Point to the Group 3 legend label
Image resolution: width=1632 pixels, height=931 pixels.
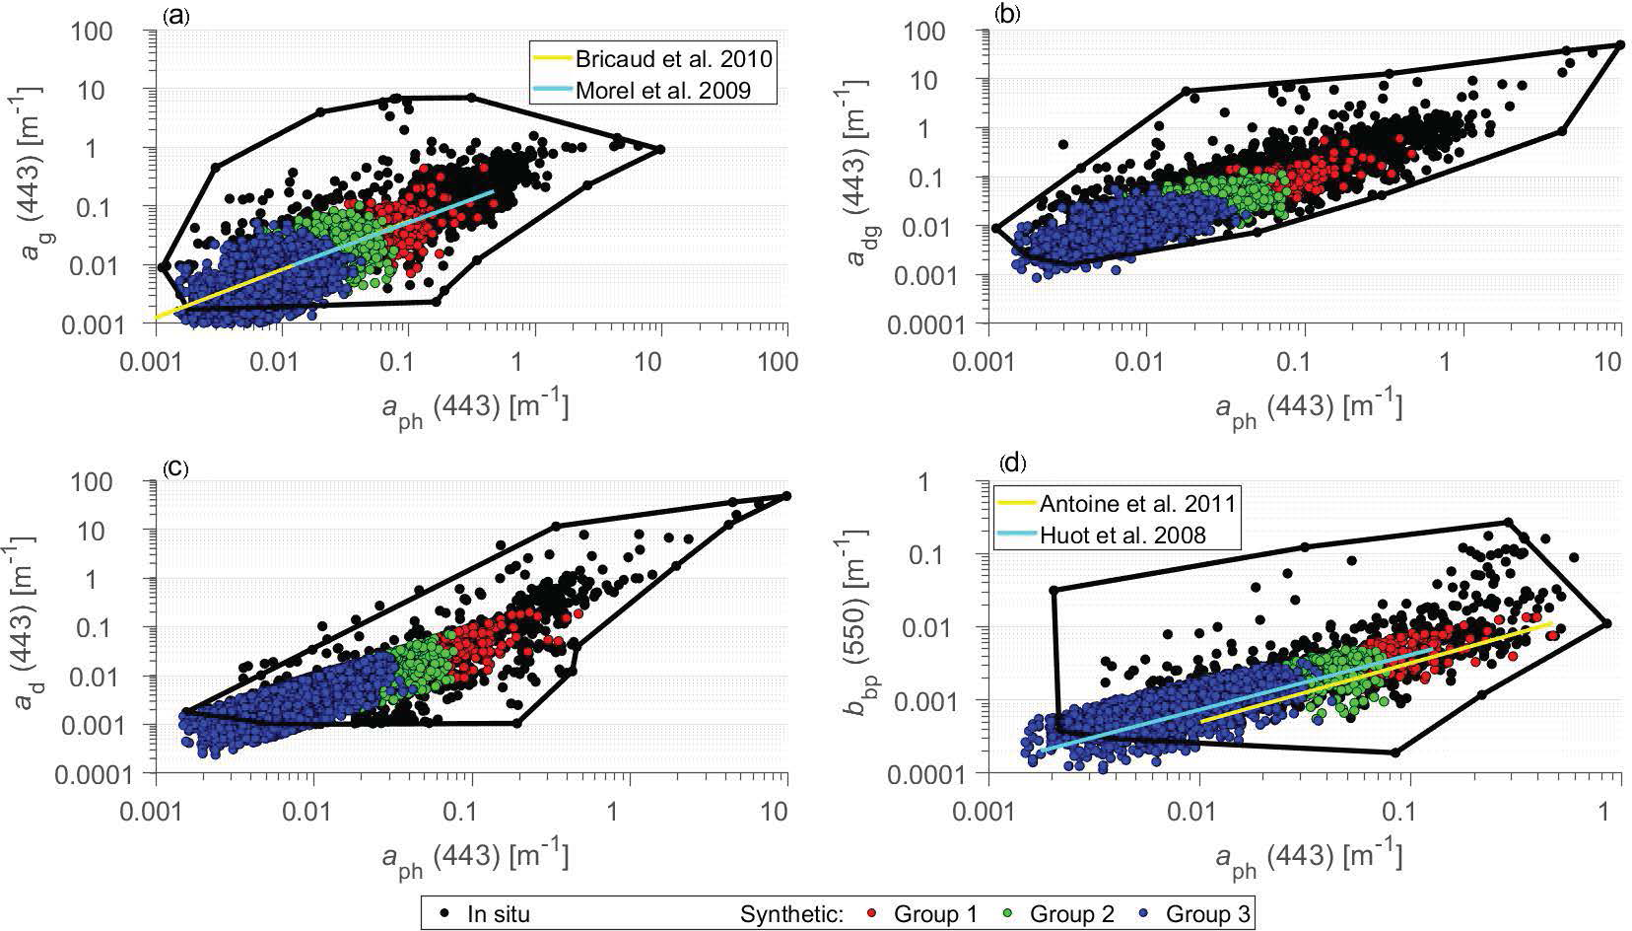(1208, 914)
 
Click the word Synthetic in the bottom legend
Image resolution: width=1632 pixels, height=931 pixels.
(791, 914)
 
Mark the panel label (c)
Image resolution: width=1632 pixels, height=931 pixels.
(176, 466)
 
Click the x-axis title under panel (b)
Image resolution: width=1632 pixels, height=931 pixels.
(1307, 406)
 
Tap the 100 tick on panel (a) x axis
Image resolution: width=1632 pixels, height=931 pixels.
(779, 362)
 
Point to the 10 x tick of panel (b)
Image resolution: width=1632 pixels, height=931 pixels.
(1608, 362)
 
